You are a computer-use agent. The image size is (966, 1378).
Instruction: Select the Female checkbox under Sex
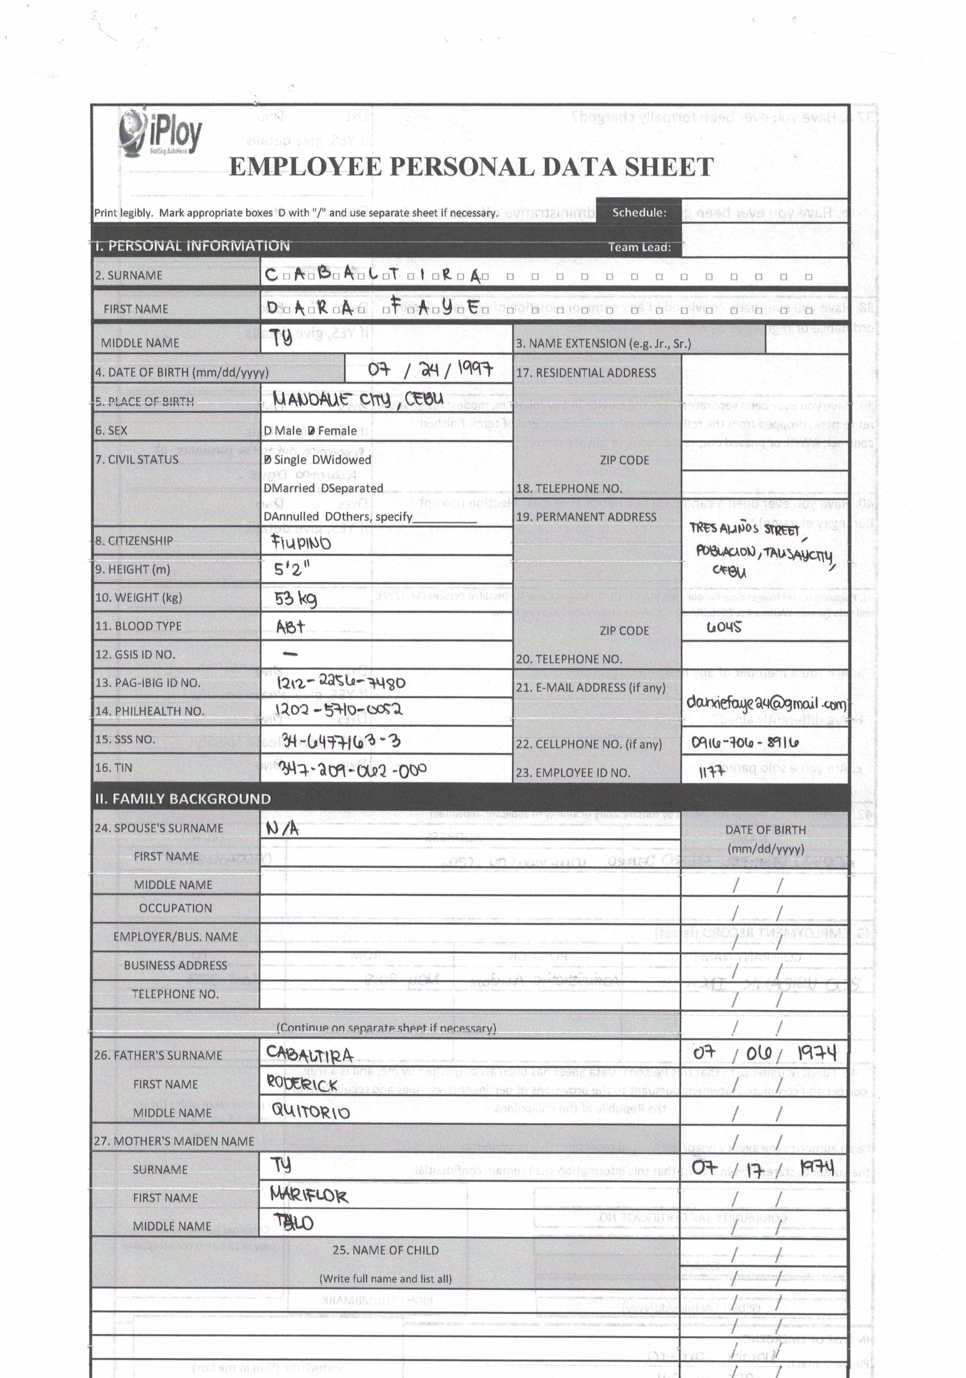pyautogui.click(x=311, y=431)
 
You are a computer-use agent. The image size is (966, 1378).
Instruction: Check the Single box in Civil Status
pyautogui.click(x=268, y=460)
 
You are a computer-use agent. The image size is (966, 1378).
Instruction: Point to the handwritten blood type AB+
pyautogui.click(x=291, y=627)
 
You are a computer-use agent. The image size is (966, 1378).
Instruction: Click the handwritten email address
pyautogui.click(x=766, y=703)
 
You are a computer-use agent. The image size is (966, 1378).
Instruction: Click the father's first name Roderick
pyautogui.click(x=302, y=1084)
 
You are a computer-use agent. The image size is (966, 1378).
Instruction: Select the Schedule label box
pyautogui.click(x=639, y=212)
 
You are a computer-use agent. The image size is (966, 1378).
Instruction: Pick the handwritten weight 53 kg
pyautogui.click(x=296, y=598)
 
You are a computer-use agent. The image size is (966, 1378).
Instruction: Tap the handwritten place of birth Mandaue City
pyautogui.click(x=358, y=399)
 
